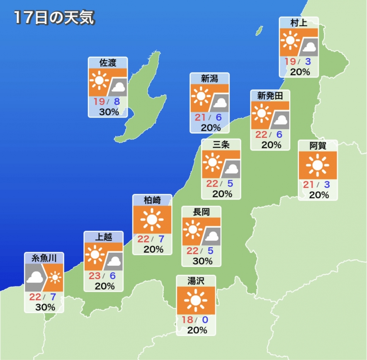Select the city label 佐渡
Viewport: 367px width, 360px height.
tap(107, 63)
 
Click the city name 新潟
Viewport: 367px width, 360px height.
tap(209, 79)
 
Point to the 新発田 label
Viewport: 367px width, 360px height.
tap(270, 96)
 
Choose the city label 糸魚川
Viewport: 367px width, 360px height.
tap(44, 258)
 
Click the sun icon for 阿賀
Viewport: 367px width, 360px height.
tap(318, 165)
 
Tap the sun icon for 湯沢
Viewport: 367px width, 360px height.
tap(195, 300)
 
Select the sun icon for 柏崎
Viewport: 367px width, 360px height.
tap(152, 220)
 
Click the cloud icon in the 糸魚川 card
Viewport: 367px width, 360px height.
tap(35, 277)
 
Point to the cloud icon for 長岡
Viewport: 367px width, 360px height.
tap(212, 236)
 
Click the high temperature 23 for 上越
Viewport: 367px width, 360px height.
tap(95, 276)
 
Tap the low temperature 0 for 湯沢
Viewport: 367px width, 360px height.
tap(204, 320)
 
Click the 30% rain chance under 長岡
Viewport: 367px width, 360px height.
tap(202, 261)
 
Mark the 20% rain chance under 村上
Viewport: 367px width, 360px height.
tap(300, 72)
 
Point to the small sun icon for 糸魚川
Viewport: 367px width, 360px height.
tap(56, 277)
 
